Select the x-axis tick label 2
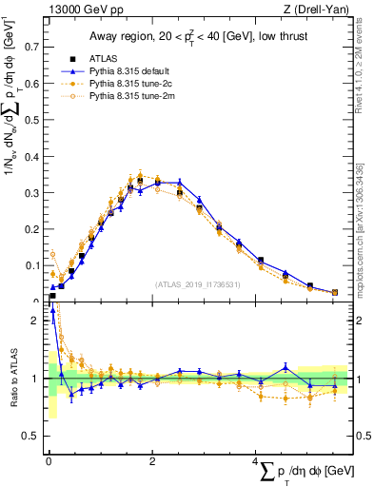click(152, 461)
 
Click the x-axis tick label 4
click(256, 461)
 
